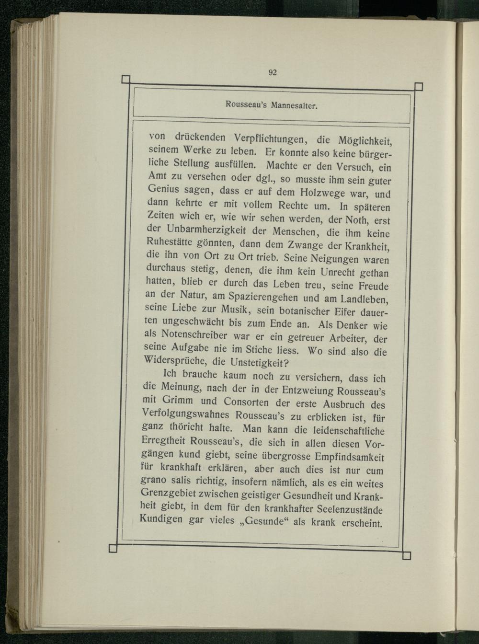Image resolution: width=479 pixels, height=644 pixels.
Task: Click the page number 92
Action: tap(273, 72)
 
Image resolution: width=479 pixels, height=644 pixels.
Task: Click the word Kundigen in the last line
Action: tap(160, 519)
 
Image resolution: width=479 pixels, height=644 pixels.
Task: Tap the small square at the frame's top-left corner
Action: tap(126, 80)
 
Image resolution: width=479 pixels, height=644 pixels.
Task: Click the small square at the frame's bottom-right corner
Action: tap(407, 556)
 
